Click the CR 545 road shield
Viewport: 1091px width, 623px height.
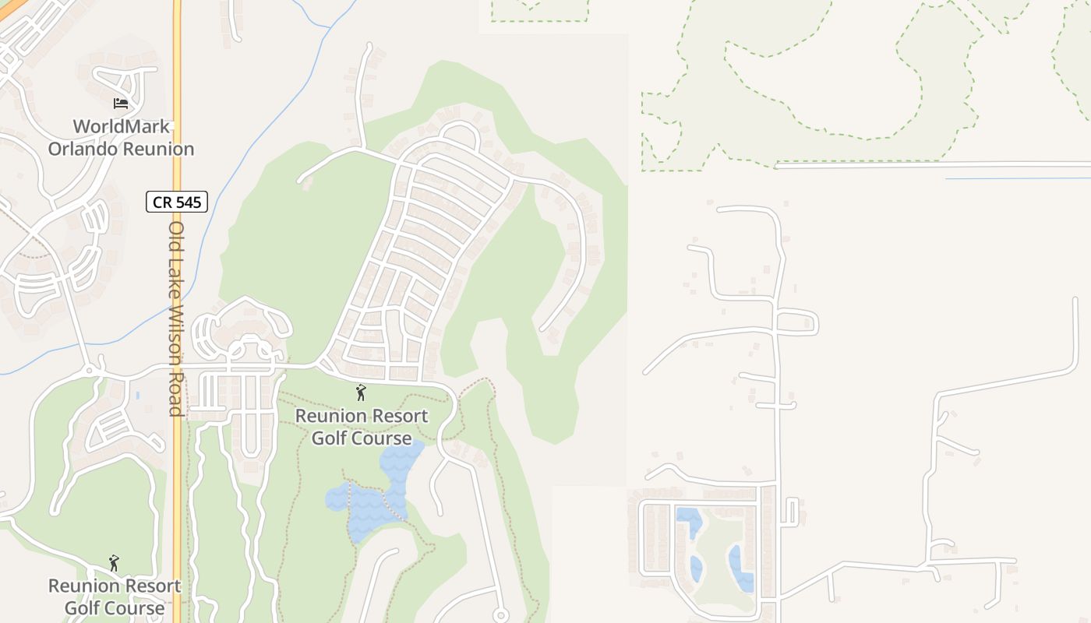(177, 202)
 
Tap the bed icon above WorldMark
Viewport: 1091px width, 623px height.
(120, 103)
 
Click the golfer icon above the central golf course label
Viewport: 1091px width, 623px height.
(360, 392)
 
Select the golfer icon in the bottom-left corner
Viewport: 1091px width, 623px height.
(115, 562)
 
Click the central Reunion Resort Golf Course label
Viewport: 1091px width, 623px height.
(362, 427)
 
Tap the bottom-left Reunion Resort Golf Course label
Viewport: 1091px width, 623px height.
(115, 597)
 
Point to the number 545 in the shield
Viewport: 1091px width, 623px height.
(188, 202)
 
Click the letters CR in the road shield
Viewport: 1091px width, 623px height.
(161, 202)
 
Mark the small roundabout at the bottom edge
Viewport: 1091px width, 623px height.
(500, 616)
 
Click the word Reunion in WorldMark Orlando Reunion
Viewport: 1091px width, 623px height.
(159, 148)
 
